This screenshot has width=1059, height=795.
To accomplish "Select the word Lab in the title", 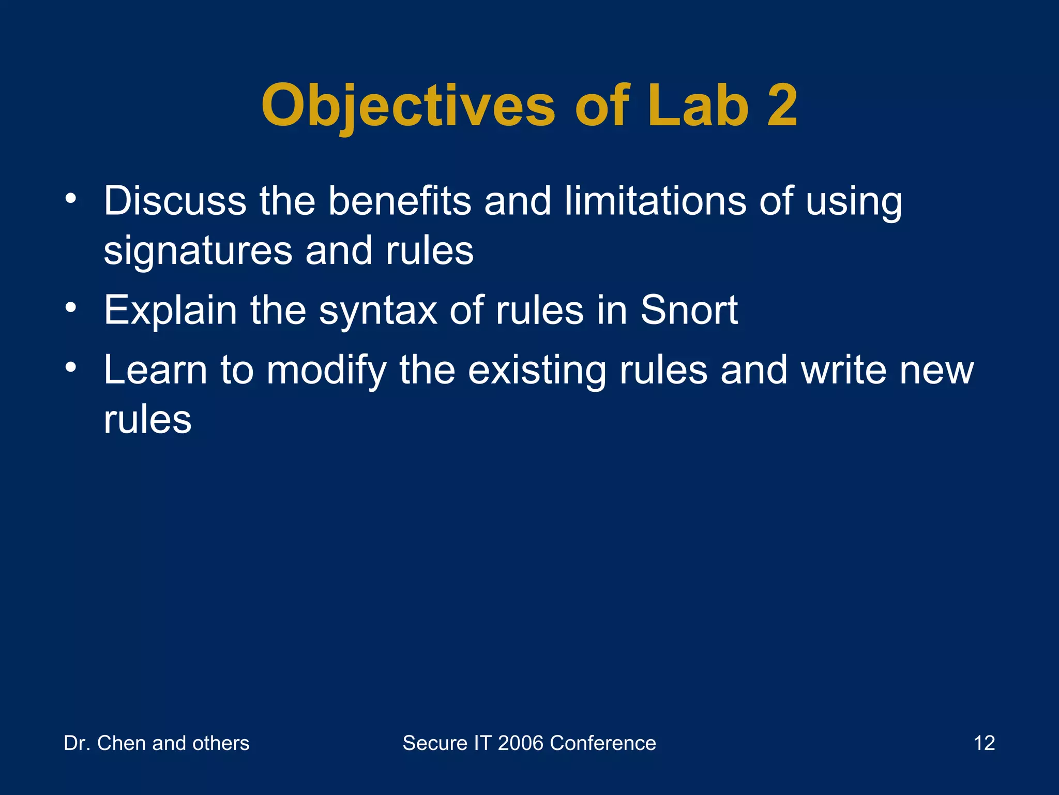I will [698, 106].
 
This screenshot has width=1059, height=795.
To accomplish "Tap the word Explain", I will [170, 311].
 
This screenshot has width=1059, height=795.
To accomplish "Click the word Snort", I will [689, 311].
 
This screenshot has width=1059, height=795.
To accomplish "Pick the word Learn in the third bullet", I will [155, 370].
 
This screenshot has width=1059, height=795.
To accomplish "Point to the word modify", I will [326, 371].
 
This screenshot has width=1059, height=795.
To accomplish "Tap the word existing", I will [537, 371].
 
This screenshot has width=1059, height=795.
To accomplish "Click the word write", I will [844, 370].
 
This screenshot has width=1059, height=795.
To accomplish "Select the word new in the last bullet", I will [937, 371].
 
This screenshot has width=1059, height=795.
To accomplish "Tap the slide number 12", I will [984, 743].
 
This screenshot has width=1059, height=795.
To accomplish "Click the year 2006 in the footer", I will [521, 743].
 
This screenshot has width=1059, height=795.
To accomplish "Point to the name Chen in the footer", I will [122, 743].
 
